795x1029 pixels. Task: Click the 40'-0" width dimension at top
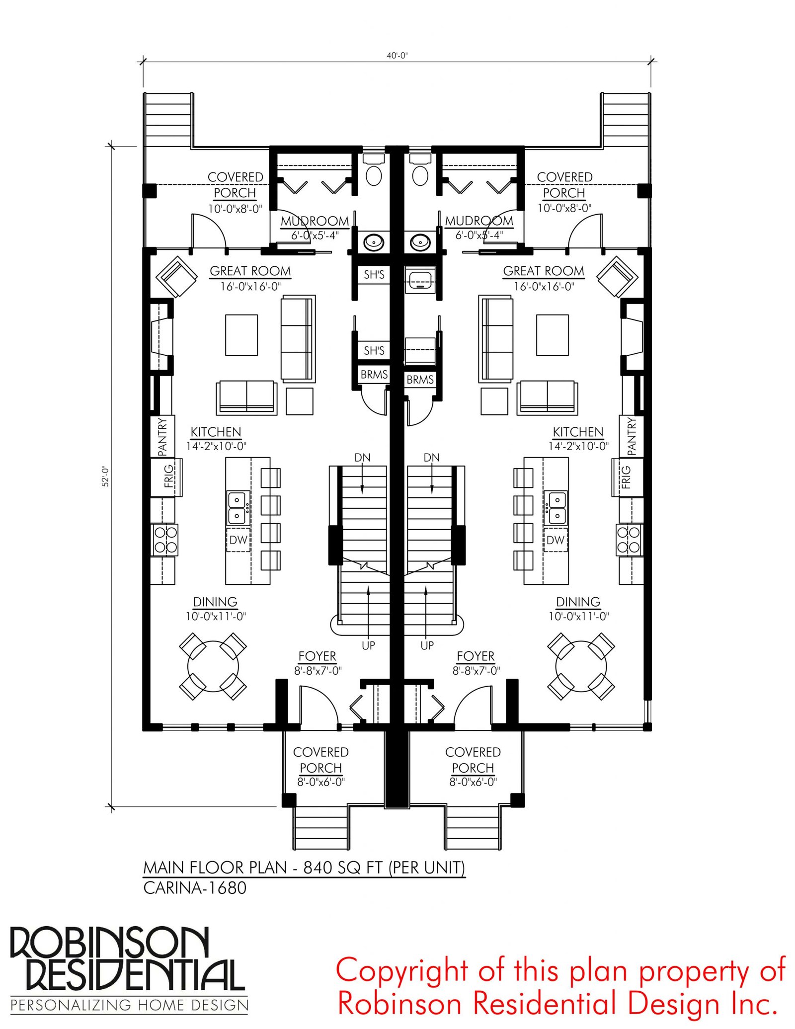click(x=397, y=56)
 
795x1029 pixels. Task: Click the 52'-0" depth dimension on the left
click(x=105, y=476)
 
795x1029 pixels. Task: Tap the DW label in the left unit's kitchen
click(x=238, y=540)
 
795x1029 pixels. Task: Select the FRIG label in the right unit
click(x=626, y=476)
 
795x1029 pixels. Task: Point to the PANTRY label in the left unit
click(x=162, y=437)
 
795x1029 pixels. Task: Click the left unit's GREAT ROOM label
click(x=250, y=271)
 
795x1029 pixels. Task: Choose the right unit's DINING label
click(x=578, y=602)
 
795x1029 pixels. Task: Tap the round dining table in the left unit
click(x=213, y=666)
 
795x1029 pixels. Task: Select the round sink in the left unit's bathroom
click(x=373, y=242)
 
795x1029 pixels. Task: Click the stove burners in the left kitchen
click(x=165, y=540)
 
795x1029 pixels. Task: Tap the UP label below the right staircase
click(x=427, y=645)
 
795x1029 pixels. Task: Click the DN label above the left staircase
click(x=362, y=457)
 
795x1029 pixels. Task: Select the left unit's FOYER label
click(x=317, y=656)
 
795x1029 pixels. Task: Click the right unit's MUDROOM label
click(x=479, y=221)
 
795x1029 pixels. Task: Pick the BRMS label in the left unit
click(x=374, y=374)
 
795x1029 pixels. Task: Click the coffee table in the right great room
click(x=552, y=335)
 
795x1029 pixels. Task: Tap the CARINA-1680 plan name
click(x=195, y=888)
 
